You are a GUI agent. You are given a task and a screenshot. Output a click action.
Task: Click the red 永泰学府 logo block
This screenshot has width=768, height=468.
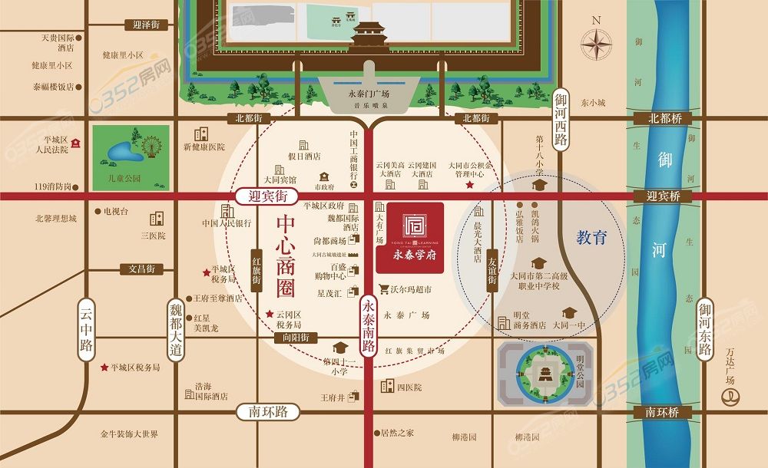pyautogui.click(x=409, y=237)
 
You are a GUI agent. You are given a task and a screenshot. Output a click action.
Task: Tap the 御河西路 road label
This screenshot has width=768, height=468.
pyautogui.click(x=561, y=118)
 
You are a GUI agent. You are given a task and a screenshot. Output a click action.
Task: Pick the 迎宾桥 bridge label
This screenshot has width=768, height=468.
pyautogui.click(x=664, y=197)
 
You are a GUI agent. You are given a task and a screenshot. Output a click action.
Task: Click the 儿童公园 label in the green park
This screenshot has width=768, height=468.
pyautogui.click(x=125, y=178)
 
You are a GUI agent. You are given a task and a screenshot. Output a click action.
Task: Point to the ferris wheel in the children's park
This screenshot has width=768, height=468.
pyautogui.click(x=151, y=146)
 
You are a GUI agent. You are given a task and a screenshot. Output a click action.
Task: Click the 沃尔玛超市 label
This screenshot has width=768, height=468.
pyautogui.click(x=405, y=290)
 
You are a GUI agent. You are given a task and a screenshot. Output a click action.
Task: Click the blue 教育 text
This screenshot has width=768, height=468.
pyautogui.click(x=591, y=238)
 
